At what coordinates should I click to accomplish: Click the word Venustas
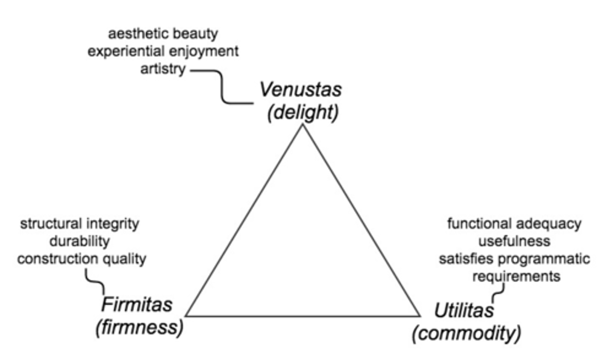tap(301, 90)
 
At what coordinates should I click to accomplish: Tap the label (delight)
tap(303, 112)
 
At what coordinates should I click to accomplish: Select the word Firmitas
tap(137, 305)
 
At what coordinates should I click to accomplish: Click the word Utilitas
tap(464, 310)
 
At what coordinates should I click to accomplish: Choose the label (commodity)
tap(466, 333)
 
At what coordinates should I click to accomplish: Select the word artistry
tap(163, 69)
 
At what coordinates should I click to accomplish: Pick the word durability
tap(80, 241)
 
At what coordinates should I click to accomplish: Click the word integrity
tap(112, 224)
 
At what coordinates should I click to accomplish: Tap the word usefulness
tap(514, 241)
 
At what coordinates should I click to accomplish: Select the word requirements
tap(516, 277)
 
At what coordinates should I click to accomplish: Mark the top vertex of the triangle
tap(303, 124)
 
